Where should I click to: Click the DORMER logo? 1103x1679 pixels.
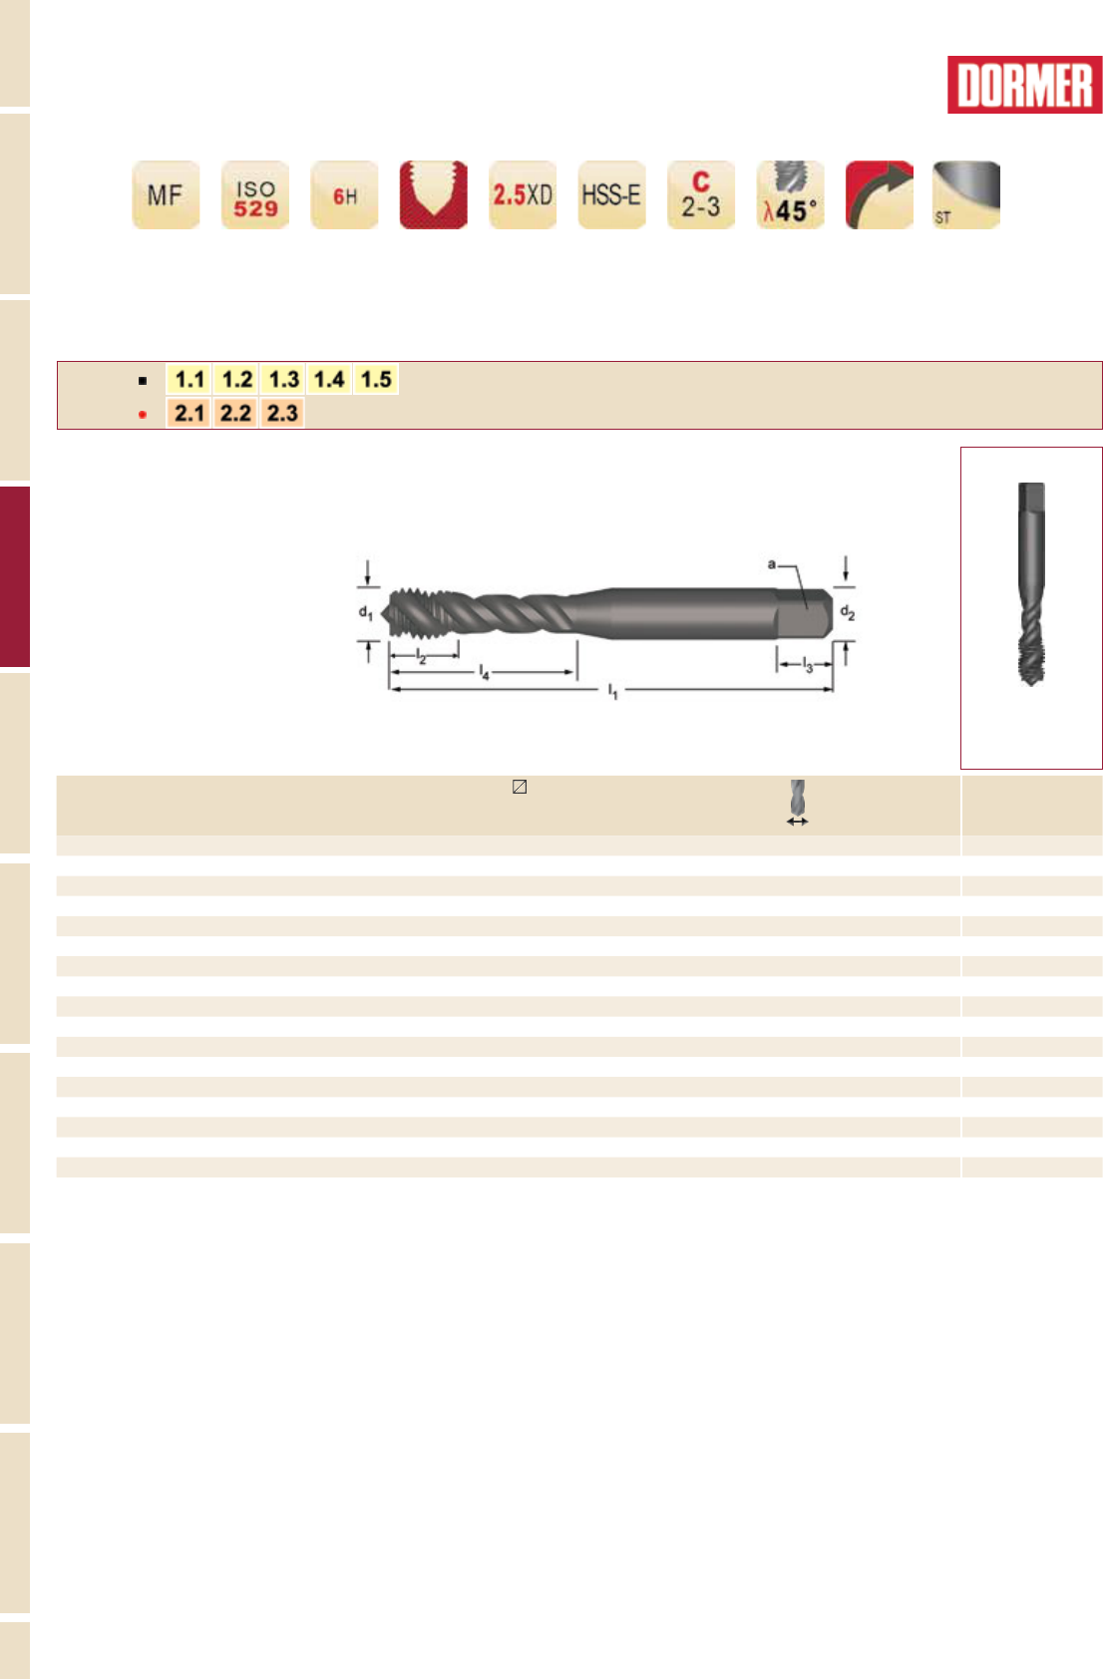click(1024, 85)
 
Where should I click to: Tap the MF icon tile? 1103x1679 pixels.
click(166, 194)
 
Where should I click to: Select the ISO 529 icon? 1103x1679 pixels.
click(255, 194)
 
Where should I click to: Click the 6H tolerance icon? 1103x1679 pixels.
click(344, 194)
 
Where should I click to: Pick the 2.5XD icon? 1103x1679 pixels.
click(523, 194)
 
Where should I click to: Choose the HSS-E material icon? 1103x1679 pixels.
click(612, 194)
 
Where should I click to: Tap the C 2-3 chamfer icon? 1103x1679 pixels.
click(701, 194)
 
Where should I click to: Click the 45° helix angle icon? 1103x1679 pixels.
click(790, 194)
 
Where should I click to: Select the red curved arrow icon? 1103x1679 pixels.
click(880, 194)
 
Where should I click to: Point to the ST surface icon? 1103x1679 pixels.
click(966, 194)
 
